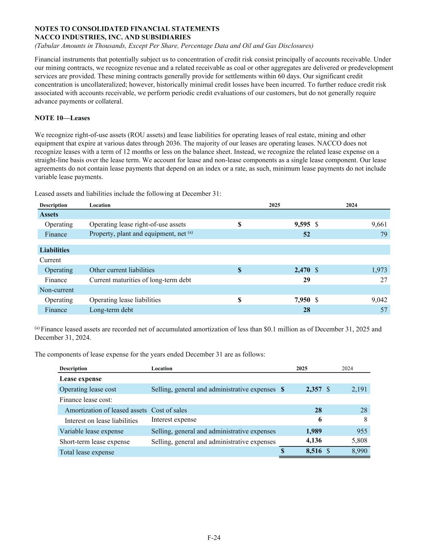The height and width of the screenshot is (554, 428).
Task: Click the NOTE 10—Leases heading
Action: pyautogui.click(x=62, y=118)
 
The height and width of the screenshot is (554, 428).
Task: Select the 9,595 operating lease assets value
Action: pyautogui.click(x=302, y=224)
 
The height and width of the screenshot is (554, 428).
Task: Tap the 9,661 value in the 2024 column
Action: pyautogui.click(x=379, y=224)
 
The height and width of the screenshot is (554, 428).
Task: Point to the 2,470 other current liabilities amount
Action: pyautogui.click(x=302, y=270)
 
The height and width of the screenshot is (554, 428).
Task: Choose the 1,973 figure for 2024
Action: pyautogui.click(x=379, y=270)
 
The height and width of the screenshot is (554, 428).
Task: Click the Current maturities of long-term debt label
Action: pyautogui.click(x=140, y=280)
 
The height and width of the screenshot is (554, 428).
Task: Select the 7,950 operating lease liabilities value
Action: pyautogui.click(x=302, y=300)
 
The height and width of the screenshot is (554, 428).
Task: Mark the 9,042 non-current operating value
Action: pyautogui.click(x=379, y=300)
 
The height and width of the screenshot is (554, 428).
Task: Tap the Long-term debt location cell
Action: pyautogui.click(x=111, y=310)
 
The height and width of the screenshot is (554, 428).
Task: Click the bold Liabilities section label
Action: pyautogui.click(x=54, y=250)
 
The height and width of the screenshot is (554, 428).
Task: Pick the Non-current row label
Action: pyautogui.click(x=56, y=290)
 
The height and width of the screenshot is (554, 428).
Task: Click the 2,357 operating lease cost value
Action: pyautogui.click(x=314, y=389)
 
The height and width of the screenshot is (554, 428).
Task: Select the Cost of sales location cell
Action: pyautogui.click(x=169, y=410)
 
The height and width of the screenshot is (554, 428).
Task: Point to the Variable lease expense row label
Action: pyautogui.click(x=91, y=431)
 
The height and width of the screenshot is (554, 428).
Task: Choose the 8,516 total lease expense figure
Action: pyautogui.click(x=314, y=452)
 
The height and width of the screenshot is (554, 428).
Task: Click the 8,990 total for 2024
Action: pyautogui.click(x=359, y=452)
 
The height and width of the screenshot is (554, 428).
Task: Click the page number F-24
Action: pyautogui.click(x=214, y=538)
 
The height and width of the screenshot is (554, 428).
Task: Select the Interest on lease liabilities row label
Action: pyautogui.click(x=101, y=421)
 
